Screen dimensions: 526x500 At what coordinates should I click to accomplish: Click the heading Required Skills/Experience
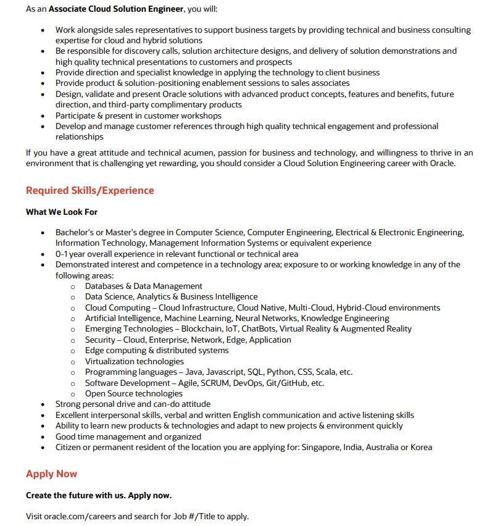[90, 190]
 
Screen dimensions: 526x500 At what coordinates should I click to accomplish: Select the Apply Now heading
[51, 474]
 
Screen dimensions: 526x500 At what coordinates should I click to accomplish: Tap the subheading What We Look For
[62, 212]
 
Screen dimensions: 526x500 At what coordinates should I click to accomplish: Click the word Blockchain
[202, 329]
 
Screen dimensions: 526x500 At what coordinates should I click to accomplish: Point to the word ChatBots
[260, 329]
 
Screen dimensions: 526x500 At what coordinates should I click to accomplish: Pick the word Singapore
[322, 447]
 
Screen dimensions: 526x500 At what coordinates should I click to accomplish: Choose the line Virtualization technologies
[135, 361]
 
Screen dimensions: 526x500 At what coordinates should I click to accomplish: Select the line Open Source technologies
[134, 393]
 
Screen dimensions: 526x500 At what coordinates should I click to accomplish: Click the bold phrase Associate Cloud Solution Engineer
[116, 9]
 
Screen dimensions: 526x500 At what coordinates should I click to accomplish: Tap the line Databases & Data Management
[144, 286]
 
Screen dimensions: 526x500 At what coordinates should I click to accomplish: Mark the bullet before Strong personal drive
[42, 404]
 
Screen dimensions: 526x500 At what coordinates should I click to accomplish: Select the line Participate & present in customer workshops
[138, 115]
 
